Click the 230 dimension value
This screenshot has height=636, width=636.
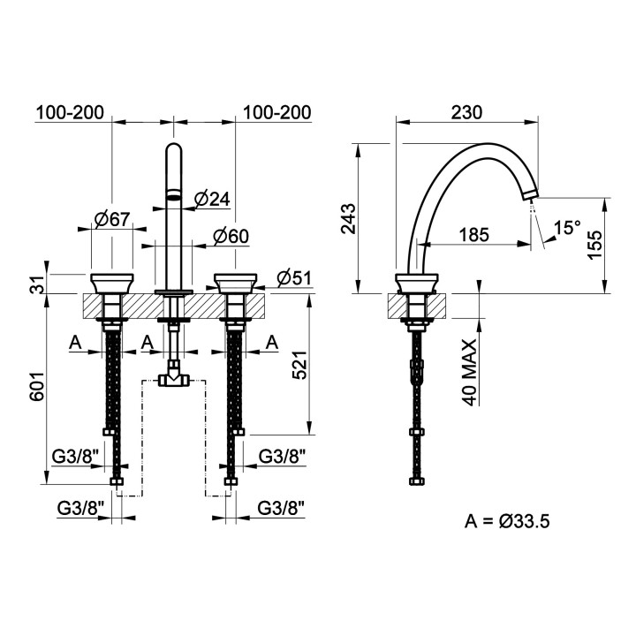coord(466,112)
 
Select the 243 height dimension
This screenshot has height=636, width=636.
coord(348,219)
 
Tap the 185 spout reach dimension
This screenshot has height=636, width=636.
coord(474,235)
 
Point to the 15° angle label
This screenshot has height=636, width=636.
coord(567,228)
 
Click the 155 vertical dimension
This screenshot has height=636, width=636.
coord(595,245)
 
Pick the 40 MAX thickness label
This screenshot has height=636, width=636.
coord(469,373)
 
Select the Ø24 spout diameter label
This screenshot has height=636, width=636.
coord(212,199)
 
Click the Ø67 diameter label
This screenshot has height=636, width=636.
coord(112,219)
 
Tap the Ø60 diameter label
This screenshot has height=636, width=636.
coord(231,236)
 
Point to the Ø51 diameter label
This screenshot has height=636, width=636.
coord(294,278)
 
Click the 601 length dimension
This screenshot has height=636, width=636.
coord(36,386)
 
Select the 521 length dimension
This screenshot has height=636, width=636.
coord(300,364)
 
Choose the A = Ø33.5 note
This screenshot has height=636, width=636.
coord(507,521)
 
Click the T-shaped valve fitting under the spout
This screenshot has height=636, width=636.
coord(174,378)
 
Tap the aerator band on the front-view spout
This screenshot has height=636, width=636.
coord(174,195)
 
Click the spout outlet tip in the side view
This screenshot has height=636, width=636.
coord(530,194)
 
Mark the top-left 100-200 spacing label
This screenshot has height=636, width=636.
coord(70,112)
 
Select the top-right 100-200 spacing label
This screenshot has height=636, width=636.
coord(277,112)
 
